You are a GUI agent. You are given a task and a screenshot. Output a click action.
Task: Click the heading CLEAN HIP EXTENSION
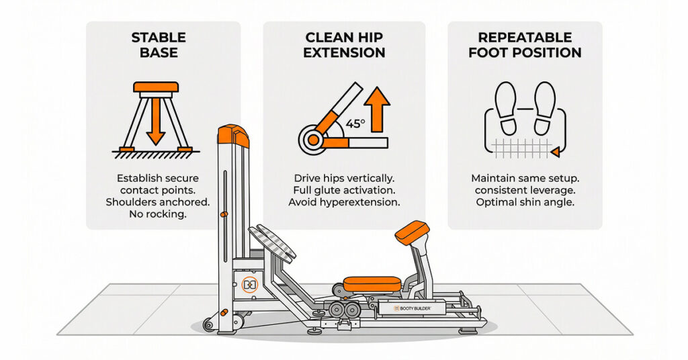(x=344, y=44)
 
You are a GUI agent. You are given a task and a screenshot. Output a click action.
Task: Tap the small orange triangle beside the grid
(x=555, y=154)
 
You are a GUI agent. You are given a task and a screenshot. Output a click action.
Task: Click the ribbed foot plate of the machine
(x=273, y=243)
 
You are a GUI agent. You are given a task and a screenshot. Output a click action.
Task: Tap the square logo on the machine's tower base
(x=249, y=285)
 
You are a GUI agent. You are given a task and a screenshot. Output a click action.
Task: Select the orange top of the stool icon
(x=156, y=87)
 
